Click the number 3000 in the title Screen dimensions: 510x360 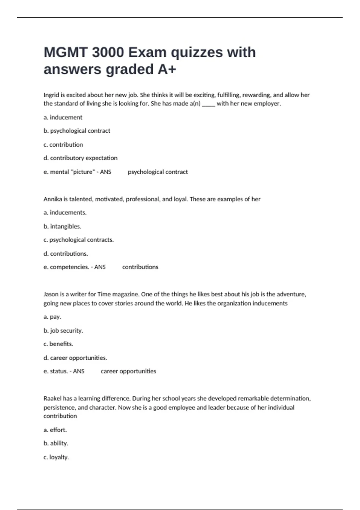[108, 52]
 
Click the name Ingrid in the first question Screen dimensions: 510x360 [51, 95]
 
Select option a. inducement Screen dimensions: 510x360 [63, 117]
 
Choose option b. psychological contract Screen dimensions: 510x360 [77, 131]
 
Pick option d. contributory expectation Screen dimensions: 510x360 [80, 158]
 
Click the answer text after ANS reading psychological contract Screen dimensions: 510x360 [158, 172]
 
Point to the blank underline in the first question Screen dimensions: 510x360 [208, 104]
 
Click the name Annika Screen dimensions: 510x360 [52, 199]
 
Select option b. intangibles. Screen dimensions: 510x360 [62, 226]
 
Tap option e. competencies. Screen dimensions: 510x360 [66, 267]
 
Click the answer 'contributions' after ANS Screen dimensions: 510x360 [140, 267]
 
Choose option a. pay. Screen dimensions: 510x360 [52, 317]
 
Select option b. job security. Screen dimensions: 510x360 [63, 331]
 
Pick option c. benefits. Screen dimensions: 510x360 [58, 344]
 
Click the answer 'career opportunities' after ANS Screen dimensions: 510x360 [128, 371]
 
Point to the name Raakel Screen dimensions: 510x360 [52, 399]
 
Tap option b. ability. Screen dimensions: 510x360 [56, 443]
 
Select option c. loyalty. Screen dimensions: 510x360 [56, 457]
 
